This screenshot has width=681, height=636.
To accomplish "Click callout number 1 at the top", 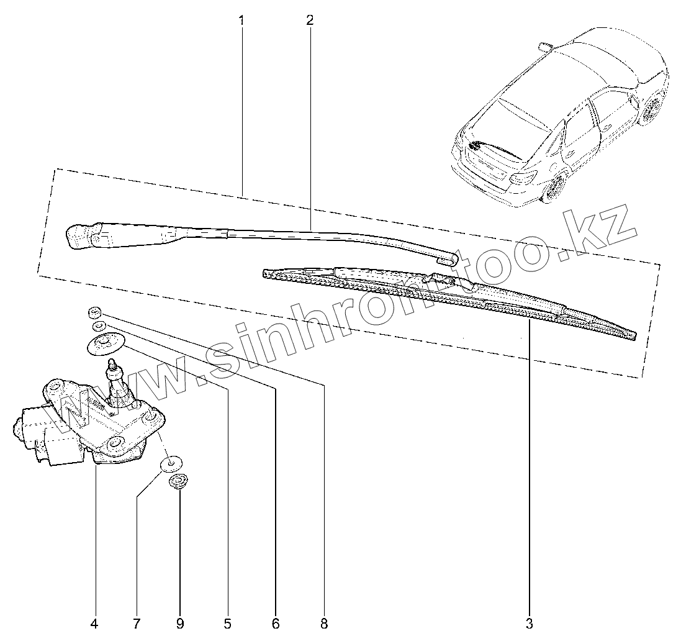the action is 241,20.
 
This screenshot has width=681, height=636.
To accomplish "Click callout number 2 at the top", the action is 310,20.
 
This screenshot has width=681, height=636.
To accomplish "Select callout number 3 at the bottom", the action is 529,622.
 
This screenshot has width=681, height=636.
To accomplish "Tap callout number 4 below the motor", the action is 94,622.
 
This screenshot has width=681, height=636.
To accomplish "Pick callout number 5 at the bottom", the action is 227,622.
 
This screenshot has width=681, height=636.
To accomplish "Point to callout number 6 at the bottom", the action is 276,622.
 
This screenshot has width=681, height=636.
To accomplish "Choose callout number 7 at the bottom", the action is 137,622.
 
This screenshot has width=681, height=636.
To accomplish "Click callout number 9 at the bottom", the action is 179,622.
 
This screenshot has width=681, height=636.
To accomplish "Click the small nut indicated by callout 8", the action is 94,312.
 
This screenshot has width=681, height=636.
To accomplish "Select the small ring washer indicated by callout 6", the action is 97,325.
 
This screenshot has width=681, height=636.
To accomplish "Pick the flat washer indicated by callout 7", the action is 169,463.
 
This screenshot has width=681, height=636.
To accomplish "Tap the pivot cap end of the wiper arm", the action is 79,237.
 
